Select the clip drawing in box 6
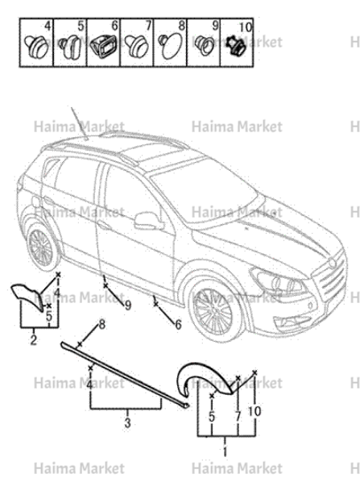[103, 46]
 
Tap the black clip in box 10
[236, 45]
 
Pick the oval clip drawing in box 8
[171, 47]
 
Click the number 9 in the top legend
[215, 26]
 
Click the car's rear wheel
[41, 247]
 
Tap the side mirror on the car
[148, 221]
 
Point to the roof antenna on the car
[79, 123]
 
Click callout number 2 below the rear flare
[33, 340]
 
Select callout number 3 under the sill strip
[127, 422]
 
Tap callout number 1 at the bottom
[226, 451]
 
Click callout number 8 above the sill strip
[101, 325]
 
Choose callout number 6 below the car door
[178, 324]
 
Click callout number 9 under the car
[127, 306]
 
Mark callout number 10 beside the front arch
[254, 411]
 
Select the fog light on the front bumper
[310, 306]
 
